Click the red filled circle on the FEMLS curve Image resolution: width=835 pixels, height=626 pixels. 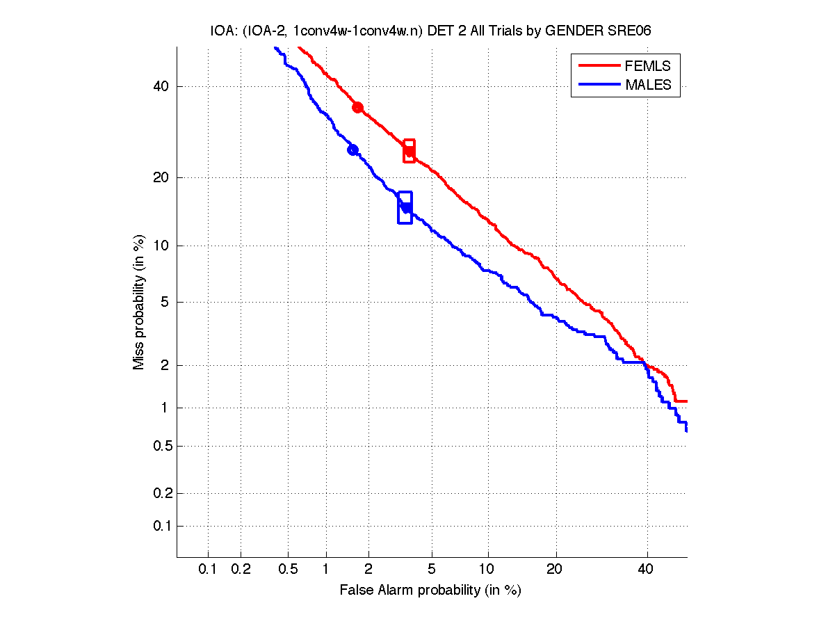[x=357, y=107]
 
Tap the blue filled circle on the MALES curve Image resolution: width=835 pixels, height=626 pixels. [x=352, y=150]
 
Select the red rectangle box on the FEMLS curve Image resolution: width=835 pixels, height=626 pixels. [x=409, y=151]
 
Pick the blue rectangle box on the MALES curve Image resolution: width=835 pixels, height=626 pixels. [x=405, y=207]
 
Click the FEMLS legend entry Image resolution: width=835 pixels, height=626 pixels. [x=647, y=66]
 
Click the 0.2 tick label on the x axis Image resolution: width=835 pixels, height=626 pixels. [x=241, y=569]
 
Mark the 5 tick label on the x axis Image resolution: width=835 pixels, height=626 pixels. [x=432, y=569]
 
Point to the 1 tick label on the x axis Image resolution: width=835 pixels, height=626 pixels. [x=326, y=569]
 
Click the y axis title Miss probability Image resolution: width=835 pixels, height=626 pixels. [x=140, y=303]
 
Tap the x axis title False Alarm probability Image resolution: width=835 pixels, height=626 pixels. [x=430, y=591]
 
